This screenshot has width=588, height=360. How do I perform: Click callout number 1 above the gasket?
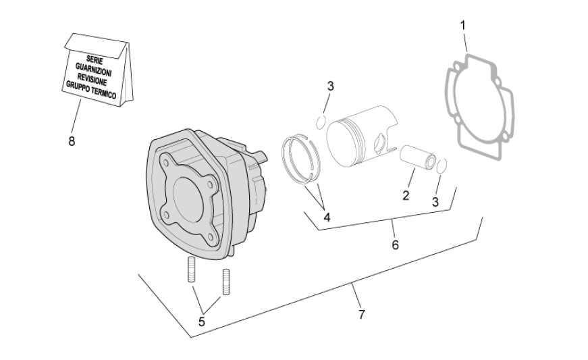(x=462, y=25)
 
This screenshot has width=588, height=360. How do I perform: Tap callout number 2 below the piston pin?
(x=406, y=196)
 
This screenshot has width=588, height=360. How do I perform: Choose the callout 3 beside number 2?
(x=435, y=201)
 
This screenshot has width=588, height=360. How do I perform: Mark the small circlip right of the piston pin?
(x=441, y=167)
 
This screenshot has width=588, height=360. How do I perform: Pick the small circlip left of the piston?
(x=322, y=121)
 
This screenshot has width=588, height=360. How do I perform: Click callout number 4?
(x=327, y=217)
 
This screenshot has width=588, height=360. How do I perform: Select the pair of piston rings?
(x=300, y=157)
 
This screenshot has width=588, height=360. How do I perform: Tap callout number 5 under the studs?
(x=201, y=322)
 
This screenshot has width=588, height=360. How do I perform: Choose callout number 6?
(x=395, y=245)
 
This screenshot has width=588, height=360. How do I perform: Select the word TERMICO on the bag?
(x=103, y=94)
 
